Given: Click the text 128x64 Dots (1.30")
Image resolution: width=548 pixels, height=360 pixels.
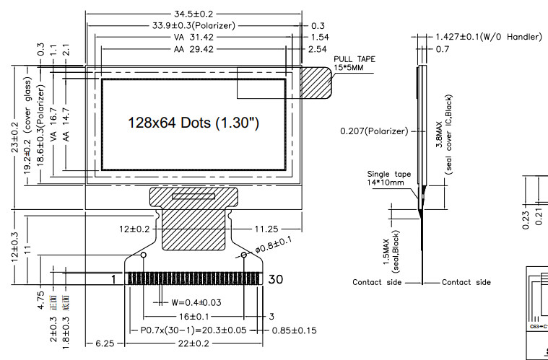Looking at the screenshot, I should point(193,123).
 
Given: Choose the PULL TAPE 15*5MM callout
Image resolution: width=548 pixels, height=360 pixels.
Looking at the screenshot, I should point(355,63).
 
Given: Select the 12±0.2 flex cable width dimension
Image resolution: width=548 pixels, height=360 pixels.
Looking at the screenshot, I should point(135,229).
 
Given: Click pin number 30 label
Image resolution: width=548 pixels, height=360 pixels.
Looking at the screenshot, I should point(275,279).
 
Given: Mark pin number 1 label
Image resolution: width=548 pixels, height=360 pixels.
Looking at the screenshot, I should point(113,279).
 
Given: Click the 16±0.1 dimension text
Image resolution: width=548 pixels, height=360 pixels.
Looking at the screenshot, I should point(193,317).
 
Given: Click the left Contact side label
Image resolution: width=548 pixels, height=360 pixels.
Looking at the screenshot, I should point(376,282).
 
